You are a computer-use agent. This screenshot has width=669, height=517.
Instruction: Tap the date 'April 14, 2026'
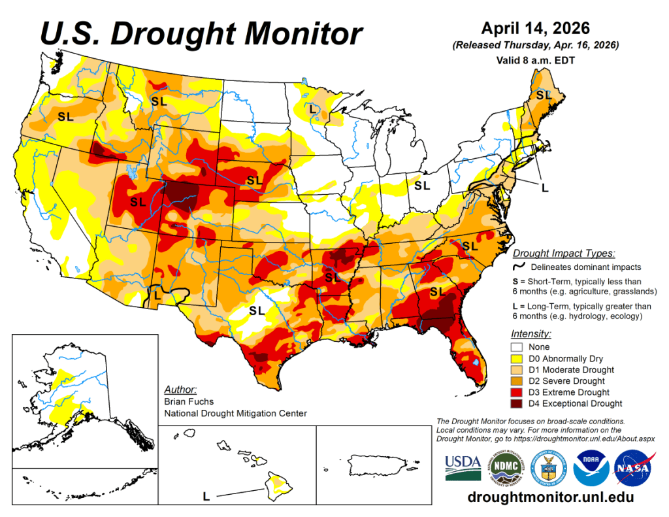(535, 29)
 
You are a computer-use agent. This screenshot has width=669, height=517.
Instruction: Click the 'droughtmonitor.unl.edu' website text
(551, 497)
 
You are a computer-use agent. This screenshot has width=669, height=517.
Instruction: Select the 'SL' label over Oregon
(65, 117)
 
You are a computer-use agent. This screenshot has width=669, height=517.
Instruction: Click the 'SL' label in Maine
(544, 95)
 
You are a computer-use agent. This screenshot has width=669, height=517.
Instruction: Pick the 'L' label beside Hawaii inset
(206, 497)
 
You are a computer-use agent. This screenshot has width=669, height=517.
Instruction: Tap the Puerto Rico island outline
(376, 464)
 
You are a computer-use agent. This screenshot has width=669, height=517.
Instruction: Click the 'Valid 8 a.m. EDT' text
(535, 59)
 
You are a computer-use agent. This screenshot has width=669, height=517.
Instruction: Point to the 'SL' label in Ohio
(422, 185)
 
